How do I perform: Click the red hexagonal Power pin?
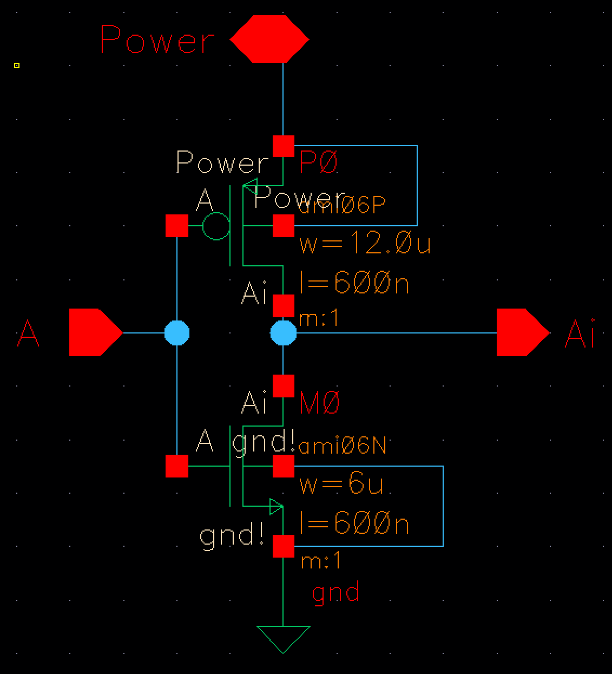pos(269,39)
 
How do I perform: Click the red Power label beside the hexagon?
pos(157,40)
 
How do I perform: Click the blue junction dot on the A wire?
pos(177,332)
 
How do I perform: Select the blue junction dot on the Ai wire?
pos(284,332)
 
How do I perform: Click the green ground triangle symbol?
pos(283,638)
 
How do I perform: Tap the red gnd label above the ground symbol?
pos(335,592)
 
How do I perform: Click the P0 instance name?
pos(318,162)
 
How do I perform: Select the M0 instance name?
pos(319,403)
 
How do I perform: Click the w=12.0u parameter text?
pos(365,244)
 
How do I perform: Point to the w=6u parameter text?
pos(341,485)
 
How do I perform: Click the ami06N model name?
pos(342,447)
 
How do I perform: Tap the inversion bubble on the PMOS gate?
pos(216,226)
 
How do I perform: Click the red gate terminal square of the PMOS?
pos(177,226)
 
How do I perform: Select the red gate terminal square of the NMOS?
pos(177,466)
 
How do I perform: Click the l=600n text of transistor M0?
pos(354,524)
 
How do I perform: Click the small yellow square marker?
pos(17,66)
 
